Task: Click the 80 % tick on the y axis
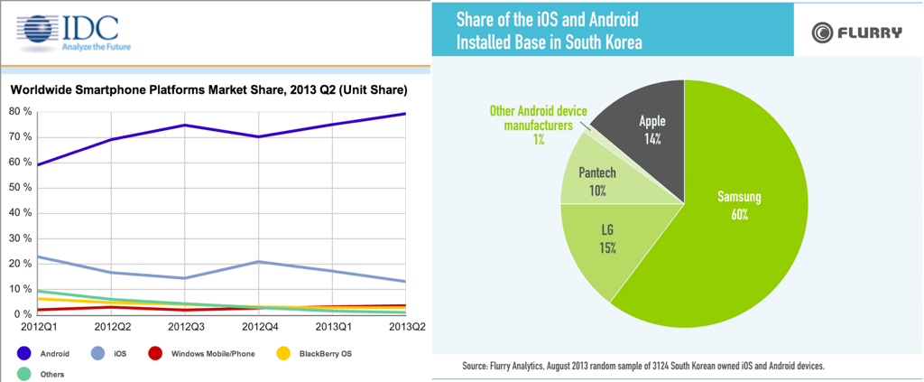(21, 111)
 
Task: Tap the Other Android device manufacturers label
(538, 118)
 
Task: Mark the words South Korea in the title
(596, 43)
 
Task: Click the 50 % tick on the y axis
(21, 187)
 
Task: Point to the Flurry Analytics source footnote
(642, 366)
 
